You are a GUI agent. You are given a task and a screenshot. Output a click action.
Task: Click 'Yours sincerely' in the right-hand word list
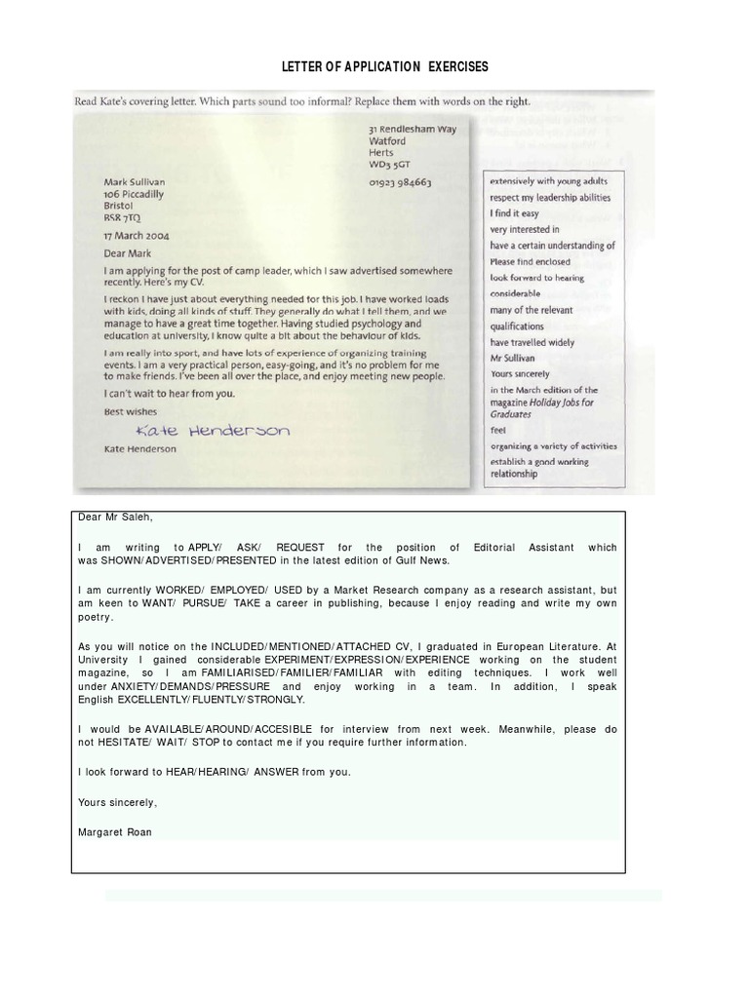[x=520, y=373]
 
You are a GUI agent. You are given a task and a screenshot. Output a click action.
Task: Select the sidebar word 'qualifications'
[x=519, y=326]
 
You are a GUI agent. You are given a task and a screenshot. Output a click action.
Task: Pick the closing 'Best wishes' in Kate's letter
[x=131, y=411]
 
